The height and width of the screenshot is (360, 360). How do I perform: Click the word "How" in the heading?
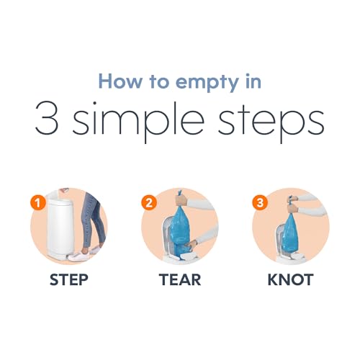point(120,81)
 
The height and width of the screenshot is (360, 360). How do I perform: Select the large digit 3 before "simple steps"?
point(47,118)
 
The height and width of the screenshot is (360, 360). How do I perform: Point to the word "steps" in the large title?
point(271,122)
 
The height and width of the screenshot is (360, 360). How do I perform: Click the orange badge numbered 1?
point(38,204)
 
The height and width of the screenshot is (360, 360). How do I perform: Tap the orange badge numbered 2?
point(149,202)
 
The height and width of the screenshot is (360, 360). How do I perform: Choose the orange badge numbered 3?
point(260,202)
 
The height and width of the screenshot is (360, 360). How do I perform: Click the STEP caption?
point(69,280)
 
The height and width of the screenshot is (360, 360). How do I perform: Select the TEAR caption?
point(180,280)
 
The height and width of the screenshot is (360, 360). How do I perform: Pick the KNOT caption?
point(291,280)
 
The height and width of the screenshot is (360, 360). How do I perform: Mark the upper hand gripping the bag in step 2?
point(181,199)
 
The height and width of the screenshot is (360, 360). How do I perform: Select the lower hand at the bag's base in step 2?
point(192,244)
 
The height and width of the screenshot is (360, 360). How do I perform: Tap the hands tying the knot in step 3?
point(293,204)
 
